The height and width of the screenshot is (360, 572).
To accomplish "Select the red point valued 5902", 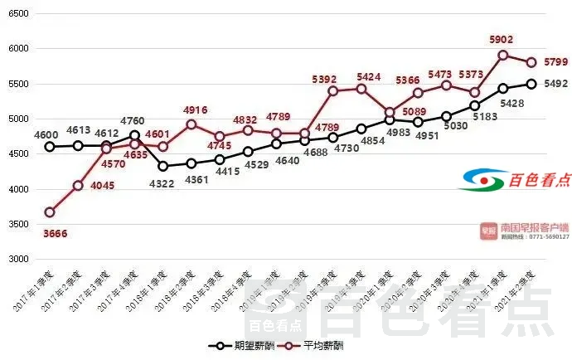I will (502, 56).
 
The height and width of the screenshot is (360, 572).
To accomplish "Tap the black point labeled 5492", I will (531, 84).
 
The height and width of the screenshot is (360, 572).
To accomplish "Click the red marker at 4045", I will (78, 186).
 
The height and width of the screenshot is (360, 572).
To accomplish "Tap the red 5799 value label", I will (556, 61).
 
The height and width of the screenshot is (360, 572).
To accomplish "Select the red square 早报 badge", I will (488, 229).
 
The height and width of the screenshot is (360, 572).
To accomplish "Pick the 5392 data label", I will (324, 80).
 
